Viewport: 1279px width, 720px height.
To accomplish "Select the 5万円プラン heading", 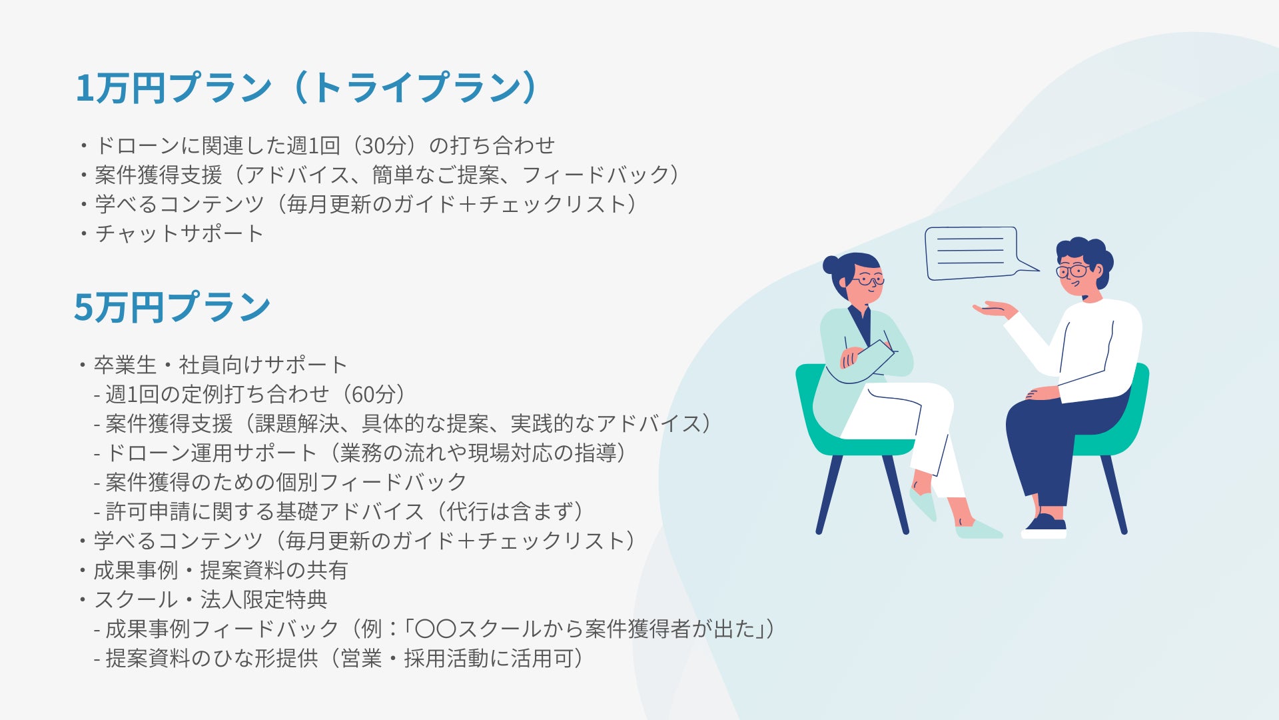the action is [x=173, y=307].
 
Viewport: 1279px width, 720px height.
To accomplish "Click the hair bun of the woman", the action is [x=831, y=265].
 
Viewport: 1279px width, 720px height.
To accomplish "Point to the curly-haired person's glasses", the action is [x=1072, y=271].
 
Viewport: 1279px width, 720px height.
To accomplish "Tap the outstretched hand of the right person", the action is [x=994, y=309].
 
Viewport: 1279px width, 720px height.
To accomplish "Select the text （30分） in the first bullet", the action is [x=382, y=145].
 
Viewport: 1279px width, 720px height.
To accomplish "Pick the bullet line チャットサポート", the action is [x=171, y=233].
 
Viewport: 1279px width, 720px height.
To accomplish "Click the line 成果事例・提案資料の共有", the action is [x=213, y=571].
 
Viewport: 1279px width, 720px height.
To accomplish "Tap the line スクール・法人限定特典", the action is [x=203, y=600].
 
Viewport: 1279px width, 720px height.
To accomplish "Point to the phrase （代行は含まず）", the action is [x=508, y=512].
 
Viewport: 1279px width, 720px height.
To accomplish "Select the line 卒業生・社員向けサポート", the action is [x=213, y=365].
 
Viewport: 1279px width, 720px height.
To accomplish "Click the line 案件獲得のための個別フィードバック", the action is [x=280, y=483].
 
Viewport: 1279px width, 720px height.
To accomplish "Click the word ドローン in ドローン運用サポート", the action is [x=148, y=453].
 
